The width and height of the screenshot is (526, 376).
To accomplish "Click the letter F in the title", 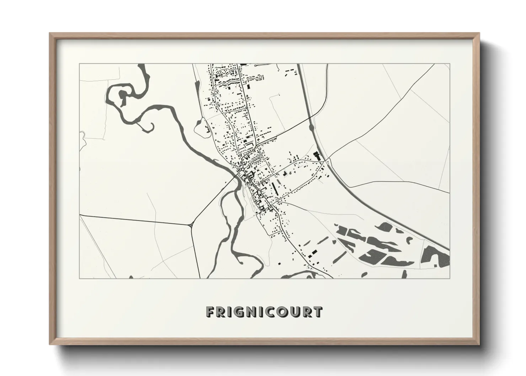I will point(210,312).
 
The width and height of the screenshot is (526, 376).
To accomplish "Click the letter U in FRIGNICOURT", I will point(295,312).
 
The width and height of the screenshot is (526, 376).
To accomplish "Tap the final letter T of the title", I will point(318,312).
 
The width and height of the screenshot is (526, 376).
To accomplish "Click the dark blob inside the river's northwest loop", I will point(123,97).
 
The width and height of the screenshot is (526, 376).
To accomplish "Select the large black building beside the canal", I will point(316,156).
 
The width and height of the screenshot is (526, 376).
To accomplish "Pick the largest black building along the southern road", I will point(313,253).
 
